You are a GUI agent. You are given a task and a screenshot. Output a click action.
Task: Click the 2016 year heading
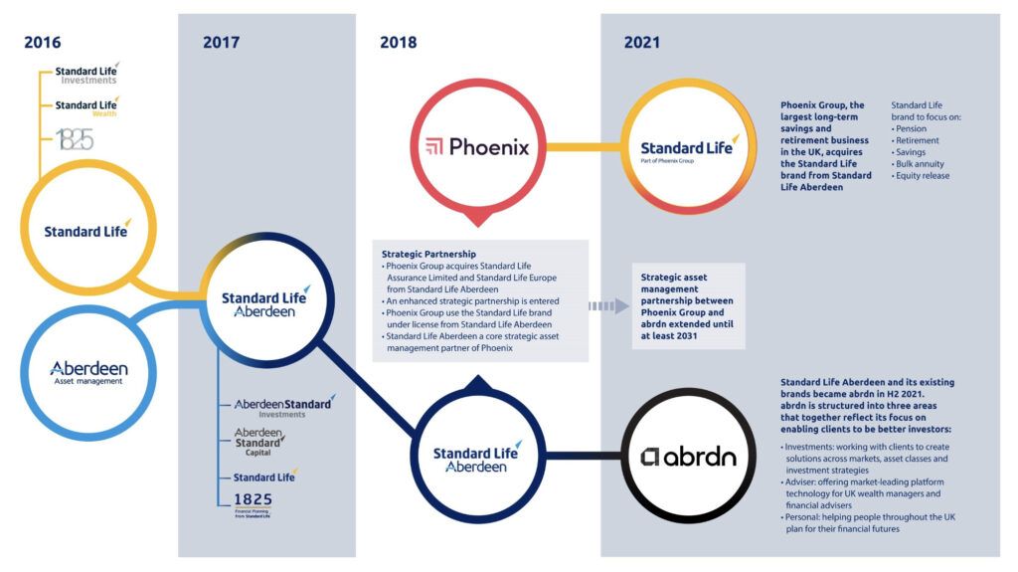(42, 42)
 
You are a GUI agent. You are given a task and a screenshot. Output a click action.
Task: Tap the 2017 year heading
(221, 42)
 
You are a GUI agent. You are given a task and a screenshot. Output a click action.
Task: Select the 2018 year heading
(398, 42)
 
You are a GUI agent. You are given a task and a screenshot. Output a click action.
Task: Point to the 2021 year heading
(641, 42)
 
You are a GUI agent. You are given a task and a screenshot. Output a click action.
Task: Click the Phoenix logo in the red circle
(477, 147)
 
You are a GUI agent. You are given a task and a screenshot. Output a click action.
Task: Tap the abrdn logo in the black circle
(688, 457)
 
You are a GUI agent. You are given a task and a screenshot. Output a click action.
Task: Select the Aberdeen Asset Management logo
(88, 372)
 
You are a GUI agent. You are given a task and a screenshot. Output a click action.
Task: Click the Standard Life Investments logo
(87, 74)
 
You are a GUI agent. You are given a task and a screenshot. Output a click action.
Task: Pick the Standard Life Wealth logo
(87, 107)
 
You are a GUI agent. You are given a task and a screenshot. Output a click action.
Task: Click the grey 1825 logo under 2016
(74, 139)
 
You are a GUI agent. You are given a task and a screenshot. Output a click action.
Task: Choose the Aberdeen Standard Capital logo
(259, 442)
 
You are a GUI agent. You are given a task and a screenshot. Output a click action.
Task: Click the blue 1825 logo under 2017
(253, 504)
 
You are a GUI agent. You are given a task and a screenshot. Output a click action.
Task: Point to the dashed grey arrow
(608, 306)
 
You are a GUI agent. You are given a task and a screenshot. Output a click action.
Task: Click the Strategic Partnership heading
(428, 254)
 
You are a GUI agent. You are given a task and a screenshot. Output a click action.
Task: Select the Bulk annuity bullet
(918, 164)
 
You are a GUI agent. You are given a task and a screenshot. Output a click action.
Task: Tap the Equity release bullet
(920, 175)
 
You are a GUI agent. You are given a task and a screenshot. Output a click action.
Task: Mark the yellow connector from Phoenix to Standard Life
(583, 147)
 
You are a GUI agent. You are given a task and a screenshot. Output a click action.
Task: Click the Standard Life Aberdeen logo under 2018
(477, 459)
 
